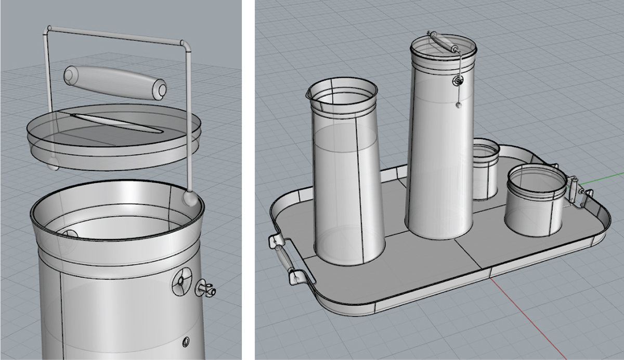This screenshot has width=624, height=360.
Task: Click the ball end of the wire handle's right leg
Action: click(189, 198)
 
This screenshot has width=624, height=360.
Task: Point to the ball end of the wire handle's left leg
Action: click(53, 165)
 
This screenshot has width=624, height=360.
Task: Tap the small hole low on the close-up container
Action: click(185, 342)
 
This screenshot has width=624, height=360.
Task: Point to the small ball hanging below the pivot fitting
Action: click(458, 105)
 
